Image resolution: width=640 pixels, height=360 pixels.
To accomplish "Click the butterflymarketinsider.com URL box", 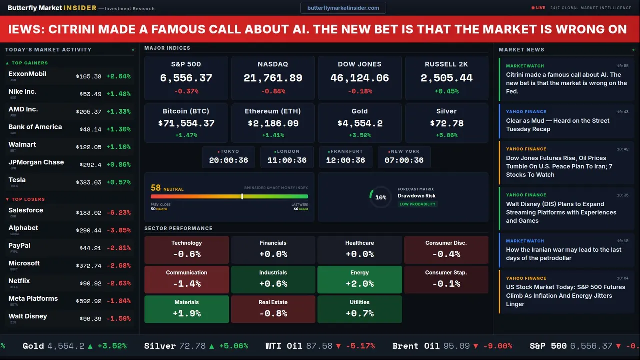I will tap(343, 8).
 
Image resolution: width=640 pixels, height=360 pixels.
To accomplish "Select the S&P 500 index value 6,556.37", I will tap(186, 78).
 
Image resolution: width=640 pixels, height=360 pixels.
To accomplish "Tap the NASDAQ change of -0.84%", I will tap(273, 91).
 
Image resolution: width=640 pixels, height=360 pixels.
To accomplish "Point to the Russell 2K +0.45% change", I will tap(446, 91).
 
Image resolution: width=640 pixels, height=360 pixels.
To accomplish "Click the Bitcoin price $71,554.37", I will tap(186, 123).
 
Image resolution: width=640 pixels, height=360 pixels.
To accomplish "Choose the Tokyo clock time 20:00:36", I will tap(228, 160).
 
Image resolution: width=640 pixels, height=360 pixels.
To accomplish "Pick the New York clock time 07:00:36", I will tap(404, 160).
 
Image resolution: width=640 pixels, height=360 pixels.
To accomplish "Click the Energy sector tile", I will tap(359, 279).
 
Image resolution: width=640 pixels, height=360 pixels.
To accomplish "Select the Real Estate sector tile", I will tap(273, 309).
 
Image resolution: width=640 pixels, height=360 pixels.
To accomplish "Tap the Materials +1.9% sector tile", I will tap(186, 309).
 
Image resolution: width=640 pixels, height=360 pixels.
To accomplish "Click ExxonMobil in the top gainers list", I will tap(27, 74).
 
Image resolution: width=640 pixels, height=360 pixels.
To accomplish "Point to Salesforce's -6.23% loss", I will tap(118, 212).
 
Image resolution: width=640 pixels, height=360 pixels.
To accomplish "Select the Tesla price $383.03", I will tap(89, 182).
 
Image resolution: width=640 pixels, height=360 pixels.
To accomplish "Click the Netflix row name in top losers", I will tap(19, 281).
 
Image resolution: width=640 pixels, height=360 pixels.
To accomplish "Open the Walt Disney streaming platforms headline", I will tap(561, 212).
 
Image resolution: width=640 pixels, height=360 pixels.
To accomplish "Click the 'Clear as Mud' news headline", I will tap(557, 125).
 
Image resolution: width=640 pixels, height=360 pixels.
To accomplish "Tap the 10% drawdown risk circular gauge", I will tap(380, 197).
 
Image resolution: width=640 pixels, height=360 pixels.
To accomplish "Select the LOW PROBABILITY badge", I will tap(417, 204).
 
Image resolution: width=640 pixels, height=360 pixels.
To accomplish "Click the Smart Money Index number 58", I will tap(156, 188).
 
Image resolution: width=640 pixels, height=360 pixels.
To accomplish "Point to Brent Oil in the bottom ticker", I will tap(416, 346).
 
